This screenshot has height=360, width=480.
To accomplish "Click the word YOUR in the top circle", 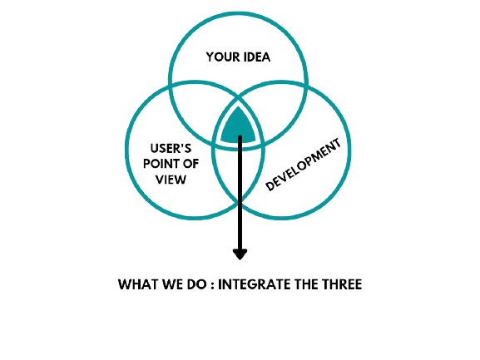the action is [221, 57].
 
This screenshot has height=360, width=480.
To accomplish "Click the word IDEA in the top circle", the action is [256, 57].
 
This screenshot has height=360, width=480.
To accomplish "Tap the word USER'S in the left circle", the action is [171, 149].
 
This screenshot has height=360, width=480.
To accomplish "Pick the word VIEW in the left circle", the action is [171, 180].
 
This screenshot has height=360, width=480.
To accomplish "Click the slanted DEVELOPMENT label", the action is [303, 165].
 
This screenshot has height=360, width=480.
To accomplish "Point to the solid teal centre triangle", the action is [238, 126].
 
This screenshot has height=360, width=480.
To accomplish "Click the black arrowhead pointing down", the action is [240, 254].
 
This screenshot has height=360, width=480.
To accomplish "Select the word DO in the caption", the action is [196, 284].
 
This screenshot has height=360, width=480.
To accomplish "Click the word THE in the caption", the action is [306, 284].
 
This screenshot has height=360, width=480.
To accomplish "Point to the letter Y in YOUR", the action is [210, 57].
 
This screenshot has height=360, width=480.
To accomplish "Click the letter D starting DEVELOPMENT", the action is [270, 185].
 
